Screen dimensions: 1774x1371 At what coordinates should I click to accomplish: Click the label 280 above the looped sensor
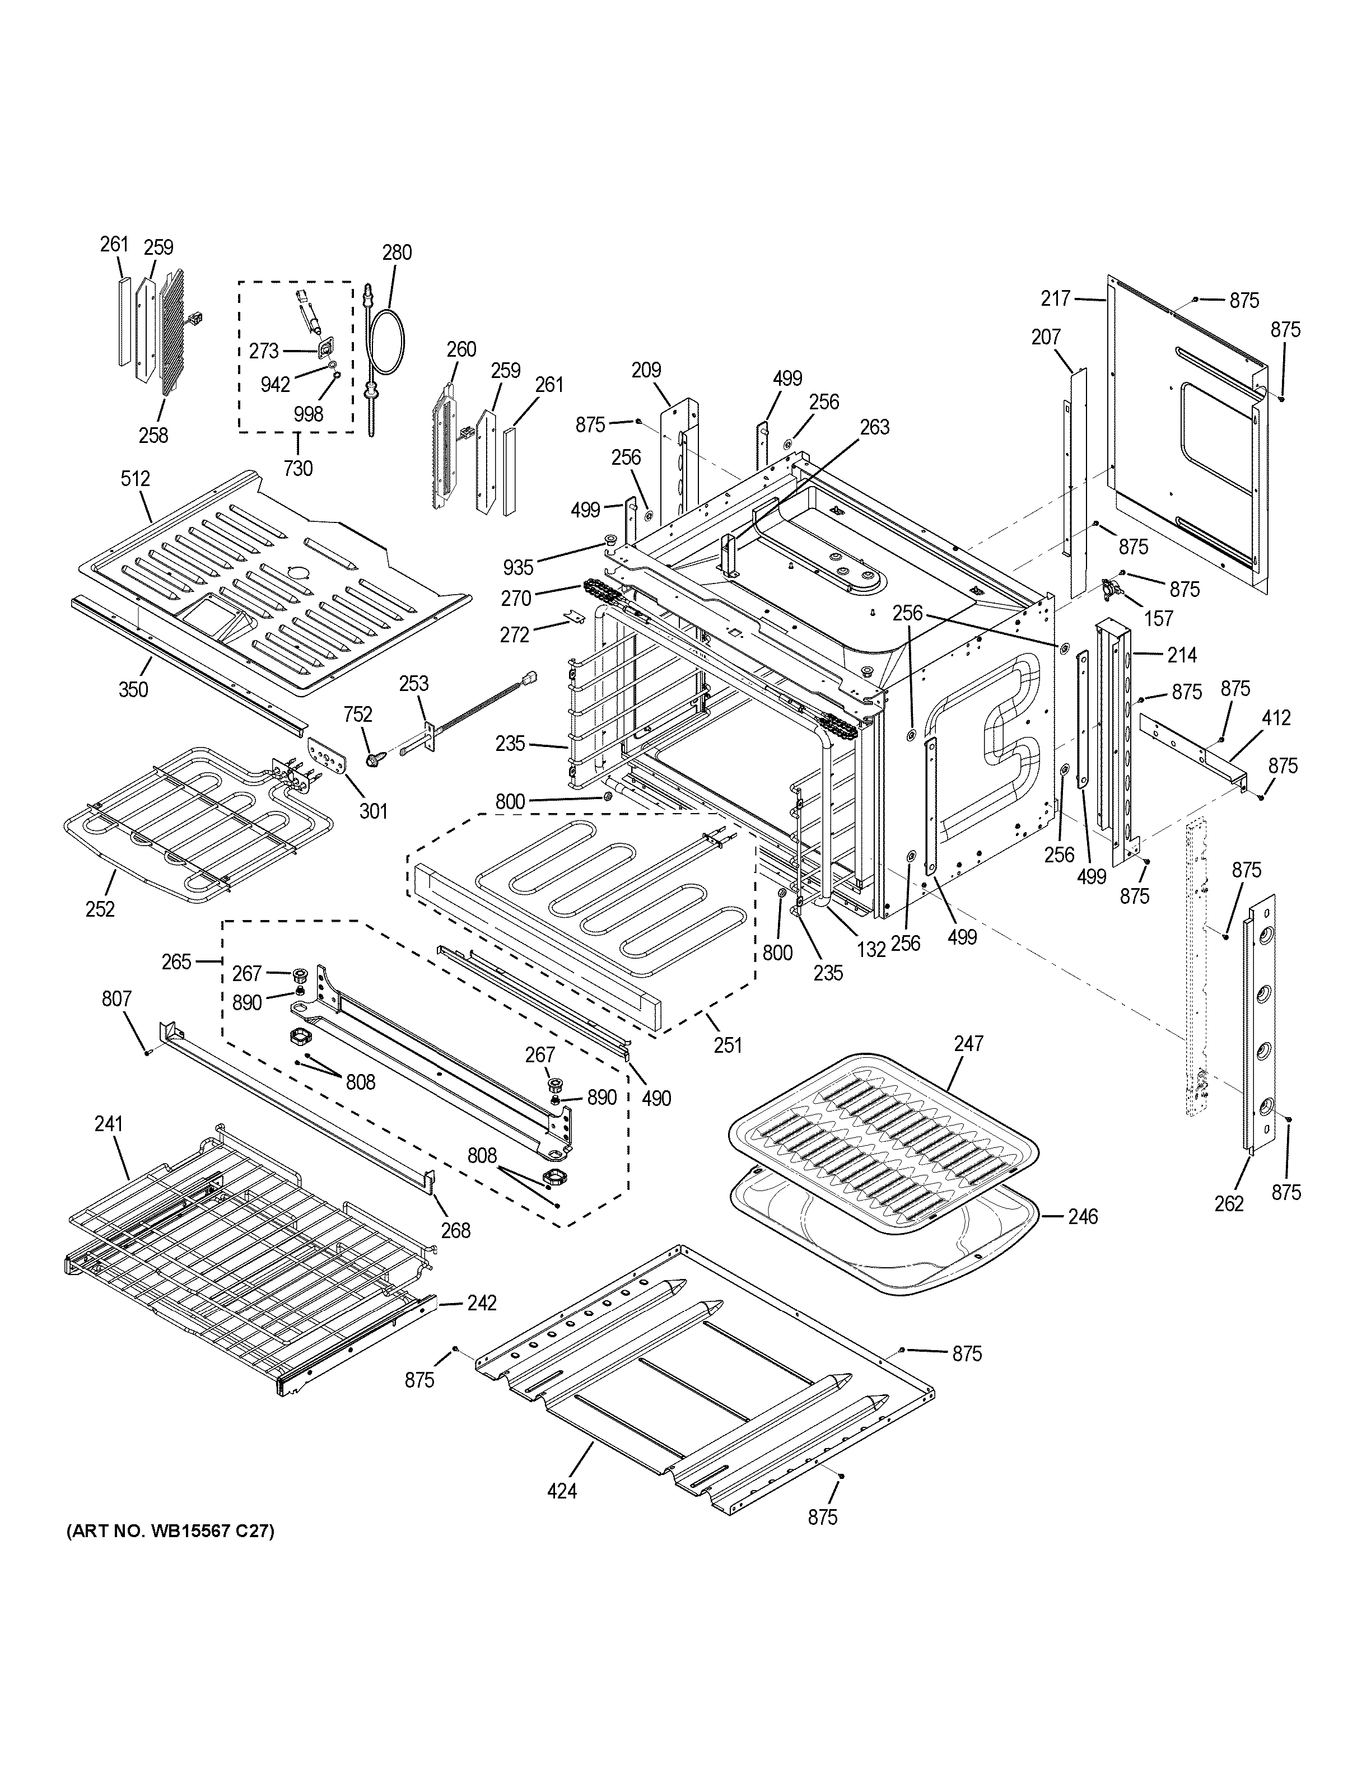click(x=397, y=252)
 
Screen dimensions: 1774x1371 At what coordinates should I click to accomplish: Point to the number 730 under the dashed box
click(x=298, y=469)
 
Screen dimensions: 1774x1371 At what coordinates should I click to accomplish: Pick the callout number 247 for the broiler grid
click(x=968, y=1043)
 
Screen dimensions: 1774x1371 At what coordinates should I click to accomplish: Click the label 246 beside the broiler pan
click(x=1082, y=1216)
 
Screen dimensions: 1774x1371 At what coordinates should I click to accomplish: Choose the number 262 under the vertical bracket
click(x=1228, y=1204)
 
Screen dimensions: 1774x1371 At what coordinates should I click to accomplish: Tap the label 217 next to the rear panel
click(x=1056, y=299)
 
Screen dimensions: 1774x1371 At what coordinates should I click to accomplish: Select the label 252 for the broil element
click(x=100, y=908)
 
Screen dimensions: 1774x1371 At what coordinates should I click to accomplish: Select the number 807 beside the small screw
click(x=116, y=998)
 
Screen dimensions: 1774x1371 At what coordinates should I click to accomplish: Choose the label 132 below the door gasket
click(x=871, y=948)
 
